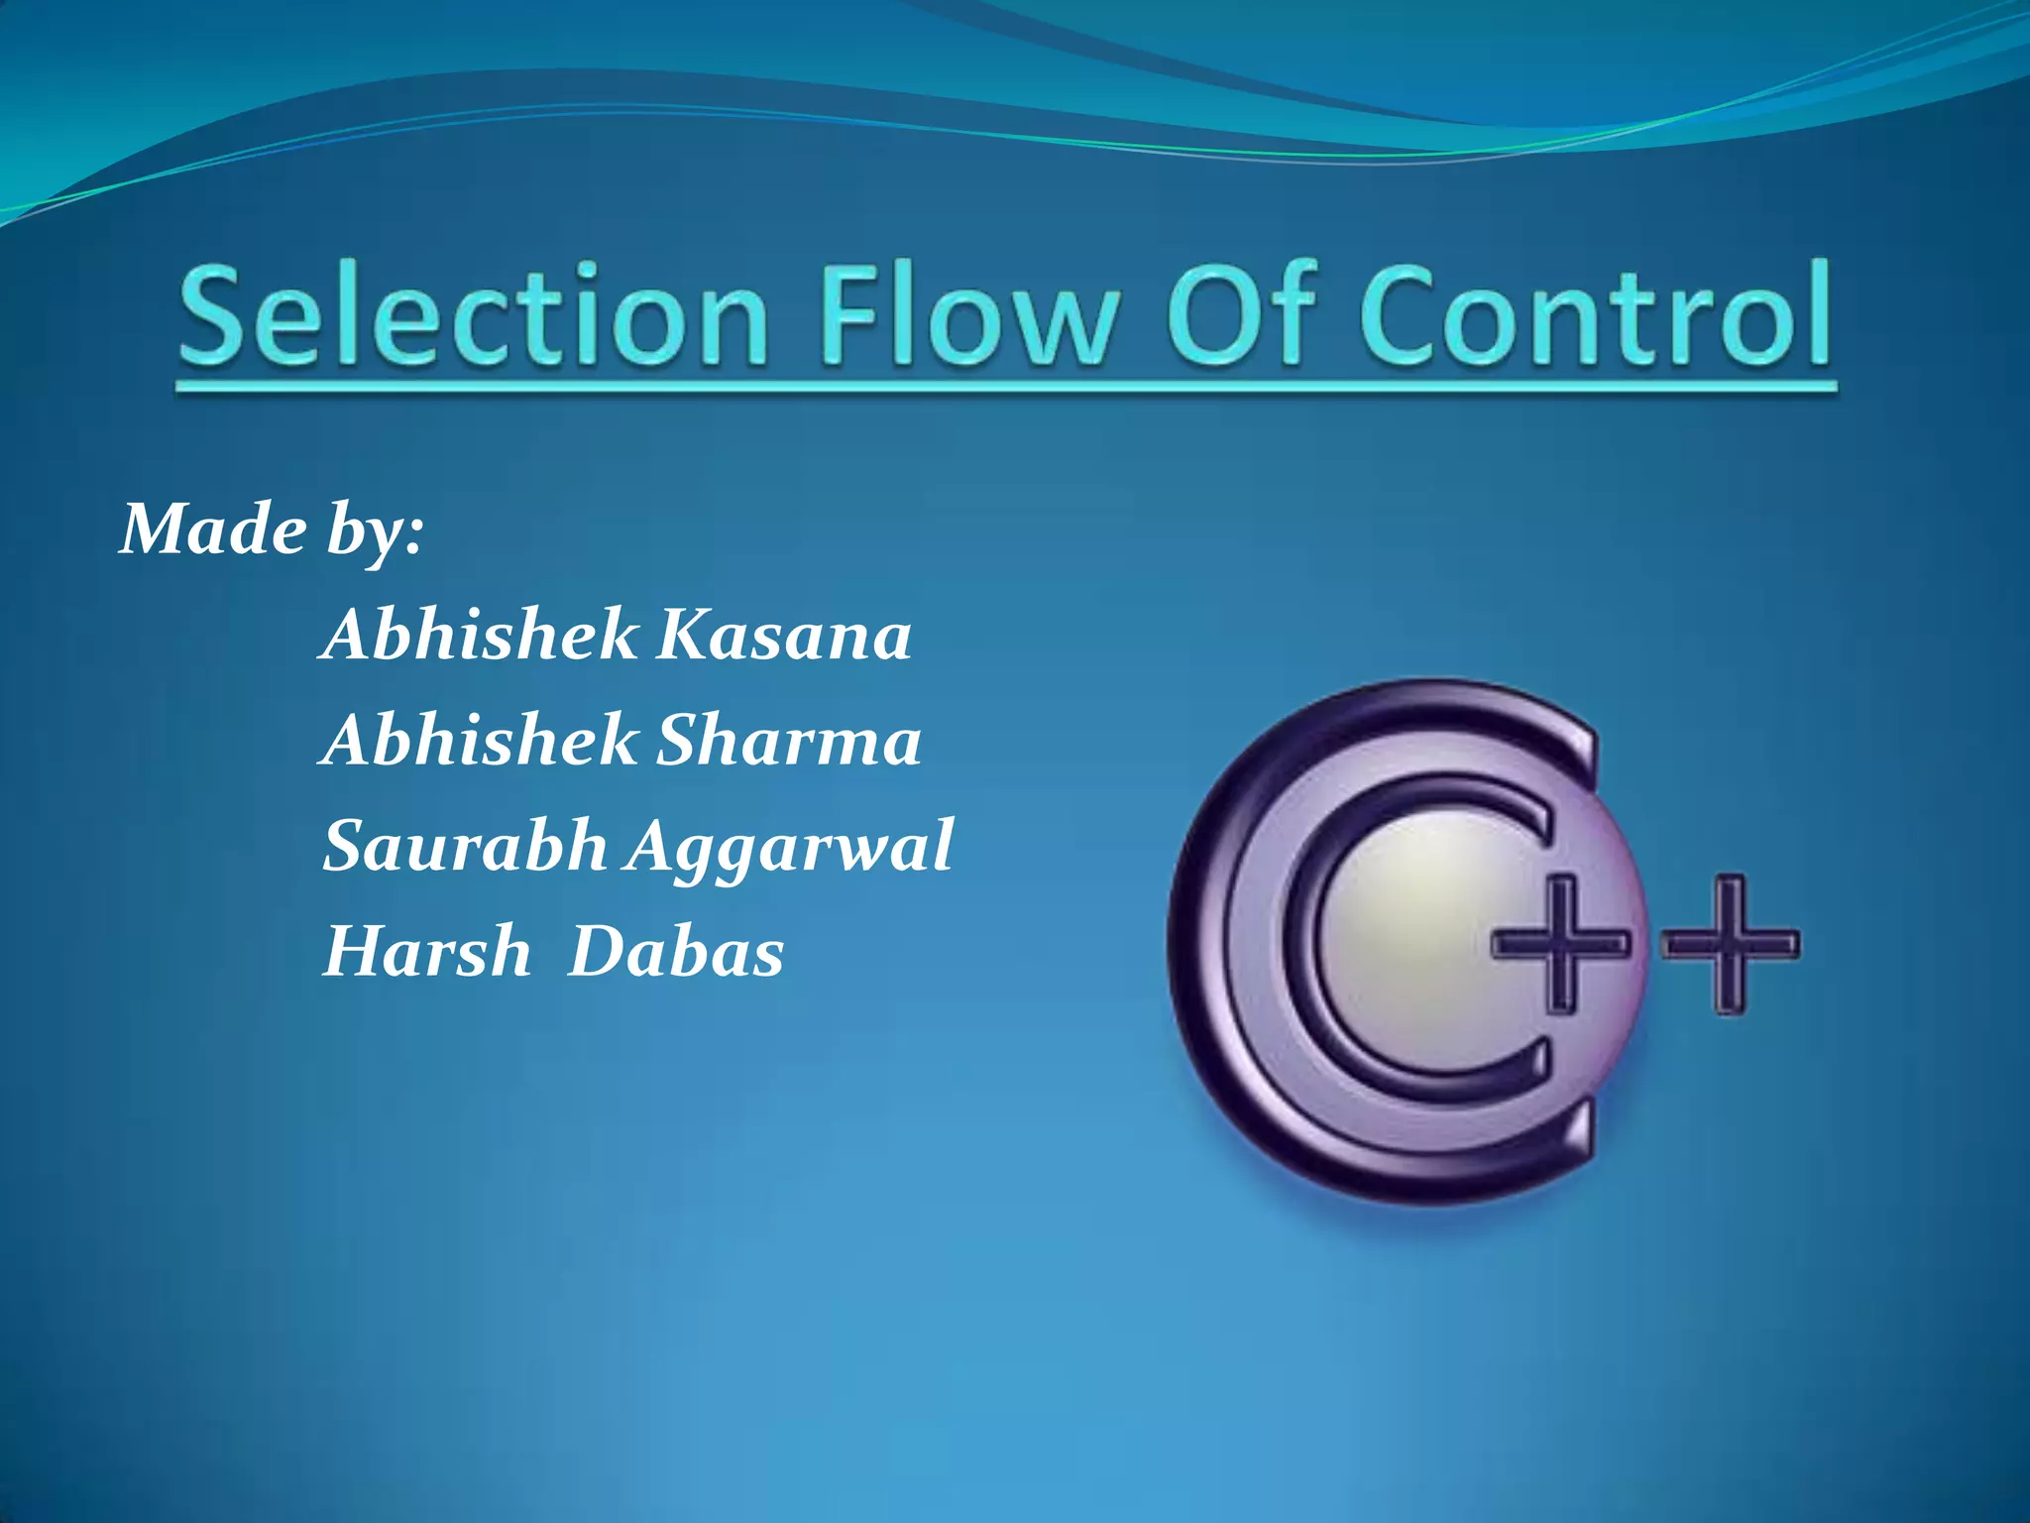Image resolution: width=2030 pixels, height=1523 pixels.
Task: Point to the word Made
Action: click(213, 529)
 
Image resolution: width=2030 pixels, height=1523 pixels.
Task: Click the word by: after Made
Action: click(376, 532)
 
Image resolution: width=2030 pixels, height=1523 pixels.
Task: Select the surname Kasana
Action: click(784, 636)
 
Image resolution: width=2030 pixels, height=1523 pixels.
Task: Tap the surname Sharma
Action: click(789, 741)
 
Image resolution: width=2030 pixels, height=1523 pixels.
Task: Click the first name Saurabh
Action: click(465, 847)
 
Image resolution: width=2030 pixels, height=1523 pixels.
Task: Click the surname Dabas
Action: click(676, 952)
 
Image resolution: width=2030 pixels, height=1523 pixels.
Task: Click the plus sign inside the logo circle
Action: click(1560, 943)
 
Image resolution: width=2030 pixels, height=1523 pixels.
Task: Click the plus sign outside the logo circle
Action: click(1731, 943)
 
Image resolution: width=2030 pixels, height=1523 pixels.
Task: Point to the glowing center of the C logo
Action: click(1408, 922)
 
